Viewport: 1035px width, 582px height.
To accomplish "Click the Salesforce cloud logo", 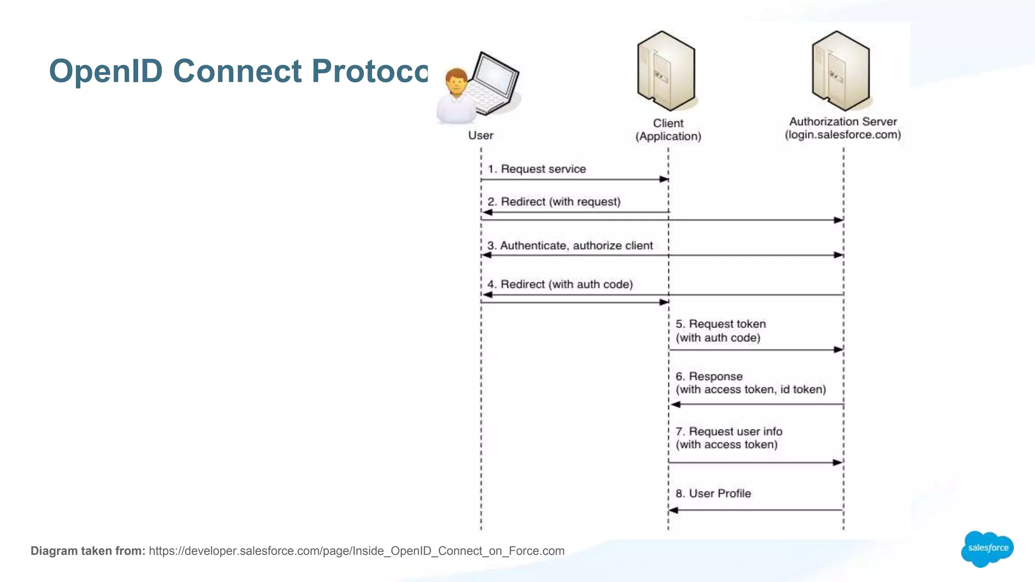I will (x=987, y=549).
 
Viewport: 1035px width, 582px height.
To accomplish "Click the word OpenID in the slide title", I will (x=106, y=71).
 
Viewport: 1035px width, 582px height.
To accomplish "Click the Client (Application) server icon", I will (x=666, y=71).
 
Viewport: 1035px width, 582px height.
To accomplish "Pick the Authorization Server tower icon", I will (x=840, y=71).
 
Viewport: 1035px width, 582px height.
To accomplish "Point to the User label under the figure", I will (x=480, y=135).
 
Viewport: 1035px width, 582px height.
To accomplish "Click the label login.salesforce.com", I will (x=842, y=135).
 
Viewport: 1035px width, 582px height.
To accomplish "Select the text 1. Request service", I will (x=537, y=169).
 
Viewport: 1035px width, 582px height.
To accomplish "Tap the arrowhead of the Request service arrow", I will (x=665, y=179).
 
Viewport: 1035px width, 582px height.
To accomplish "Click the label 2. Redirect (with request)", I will (x=554, y=202).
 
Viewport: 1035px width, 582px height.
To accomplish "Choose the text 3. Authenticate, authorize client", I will (x=570, y=246).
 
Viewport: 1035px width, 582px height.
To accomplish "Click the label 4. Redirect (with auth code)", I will (x=560, y=284).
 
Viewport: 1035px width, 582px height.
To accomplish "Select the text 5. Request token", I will (x=721, y=324).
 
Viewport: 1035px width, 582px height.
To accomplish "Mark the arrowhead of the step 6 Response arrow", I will (x=675, y=404).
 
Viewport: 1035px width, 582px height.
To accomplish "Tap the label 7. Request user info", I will (x=729, y=431).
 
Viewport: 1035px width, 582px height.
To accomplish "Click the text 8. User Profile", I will (x=713, y=494).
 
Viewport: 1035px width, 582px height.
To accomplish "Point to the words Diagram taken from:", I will (x=88, y=551).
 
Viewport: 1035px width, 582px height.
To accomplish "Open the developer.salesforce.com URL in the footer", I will (x=356, y=551).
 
